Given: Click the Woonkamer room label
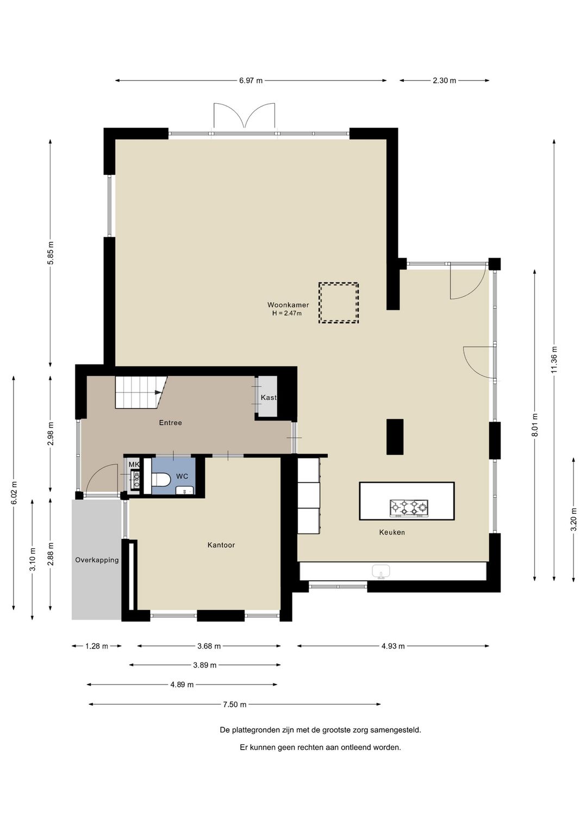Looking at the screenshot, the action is [x=288, y=305].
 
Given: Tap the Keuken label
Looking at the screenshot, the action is [x=392, y=532].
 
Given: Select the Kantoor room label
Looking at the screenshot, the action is [x=221, y=545].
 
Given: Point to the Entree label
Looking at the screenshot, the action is [x=170, y=423].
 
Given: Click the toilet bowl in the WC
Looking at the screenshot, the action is [x=161, y=480].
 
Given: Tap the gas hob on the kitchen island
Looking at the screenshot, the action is [x=409, y=508].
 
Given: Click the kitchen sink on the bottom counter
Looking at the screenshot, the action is [x=381, y=571].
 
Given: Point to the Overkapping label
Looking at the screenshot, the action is [x=97, y=560].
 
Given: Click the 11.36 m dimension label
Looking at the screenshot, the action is [x=554, y=359].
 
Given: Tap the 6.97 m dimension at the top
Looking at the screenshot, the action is [x=251, y=80].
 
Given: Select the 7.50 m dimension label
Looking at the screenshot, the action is [x=234, y=704].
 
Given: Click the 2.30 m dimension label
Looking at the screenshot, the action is [x=445, y=80].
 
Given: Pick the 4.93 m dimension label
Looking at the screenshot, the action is [x=393, y=646].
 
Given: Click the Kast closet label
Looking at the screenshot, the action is [x=268, y=398].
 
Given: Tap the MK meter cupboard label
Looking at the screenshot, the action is [x=134, y=464].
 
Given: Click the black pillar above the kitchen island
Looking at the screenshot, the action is [x=395, y=437].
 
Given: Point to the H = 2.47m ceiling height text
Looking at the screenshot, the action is [x=286, y=313].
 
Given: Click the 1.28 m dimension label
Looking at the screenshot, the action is [x=97, y=646].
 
